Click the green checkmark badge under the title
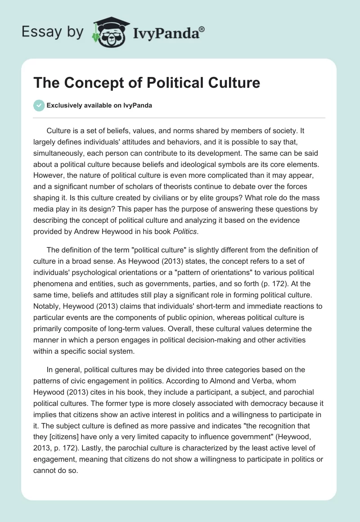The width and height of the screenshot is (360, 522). click(x=38, y=105)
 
